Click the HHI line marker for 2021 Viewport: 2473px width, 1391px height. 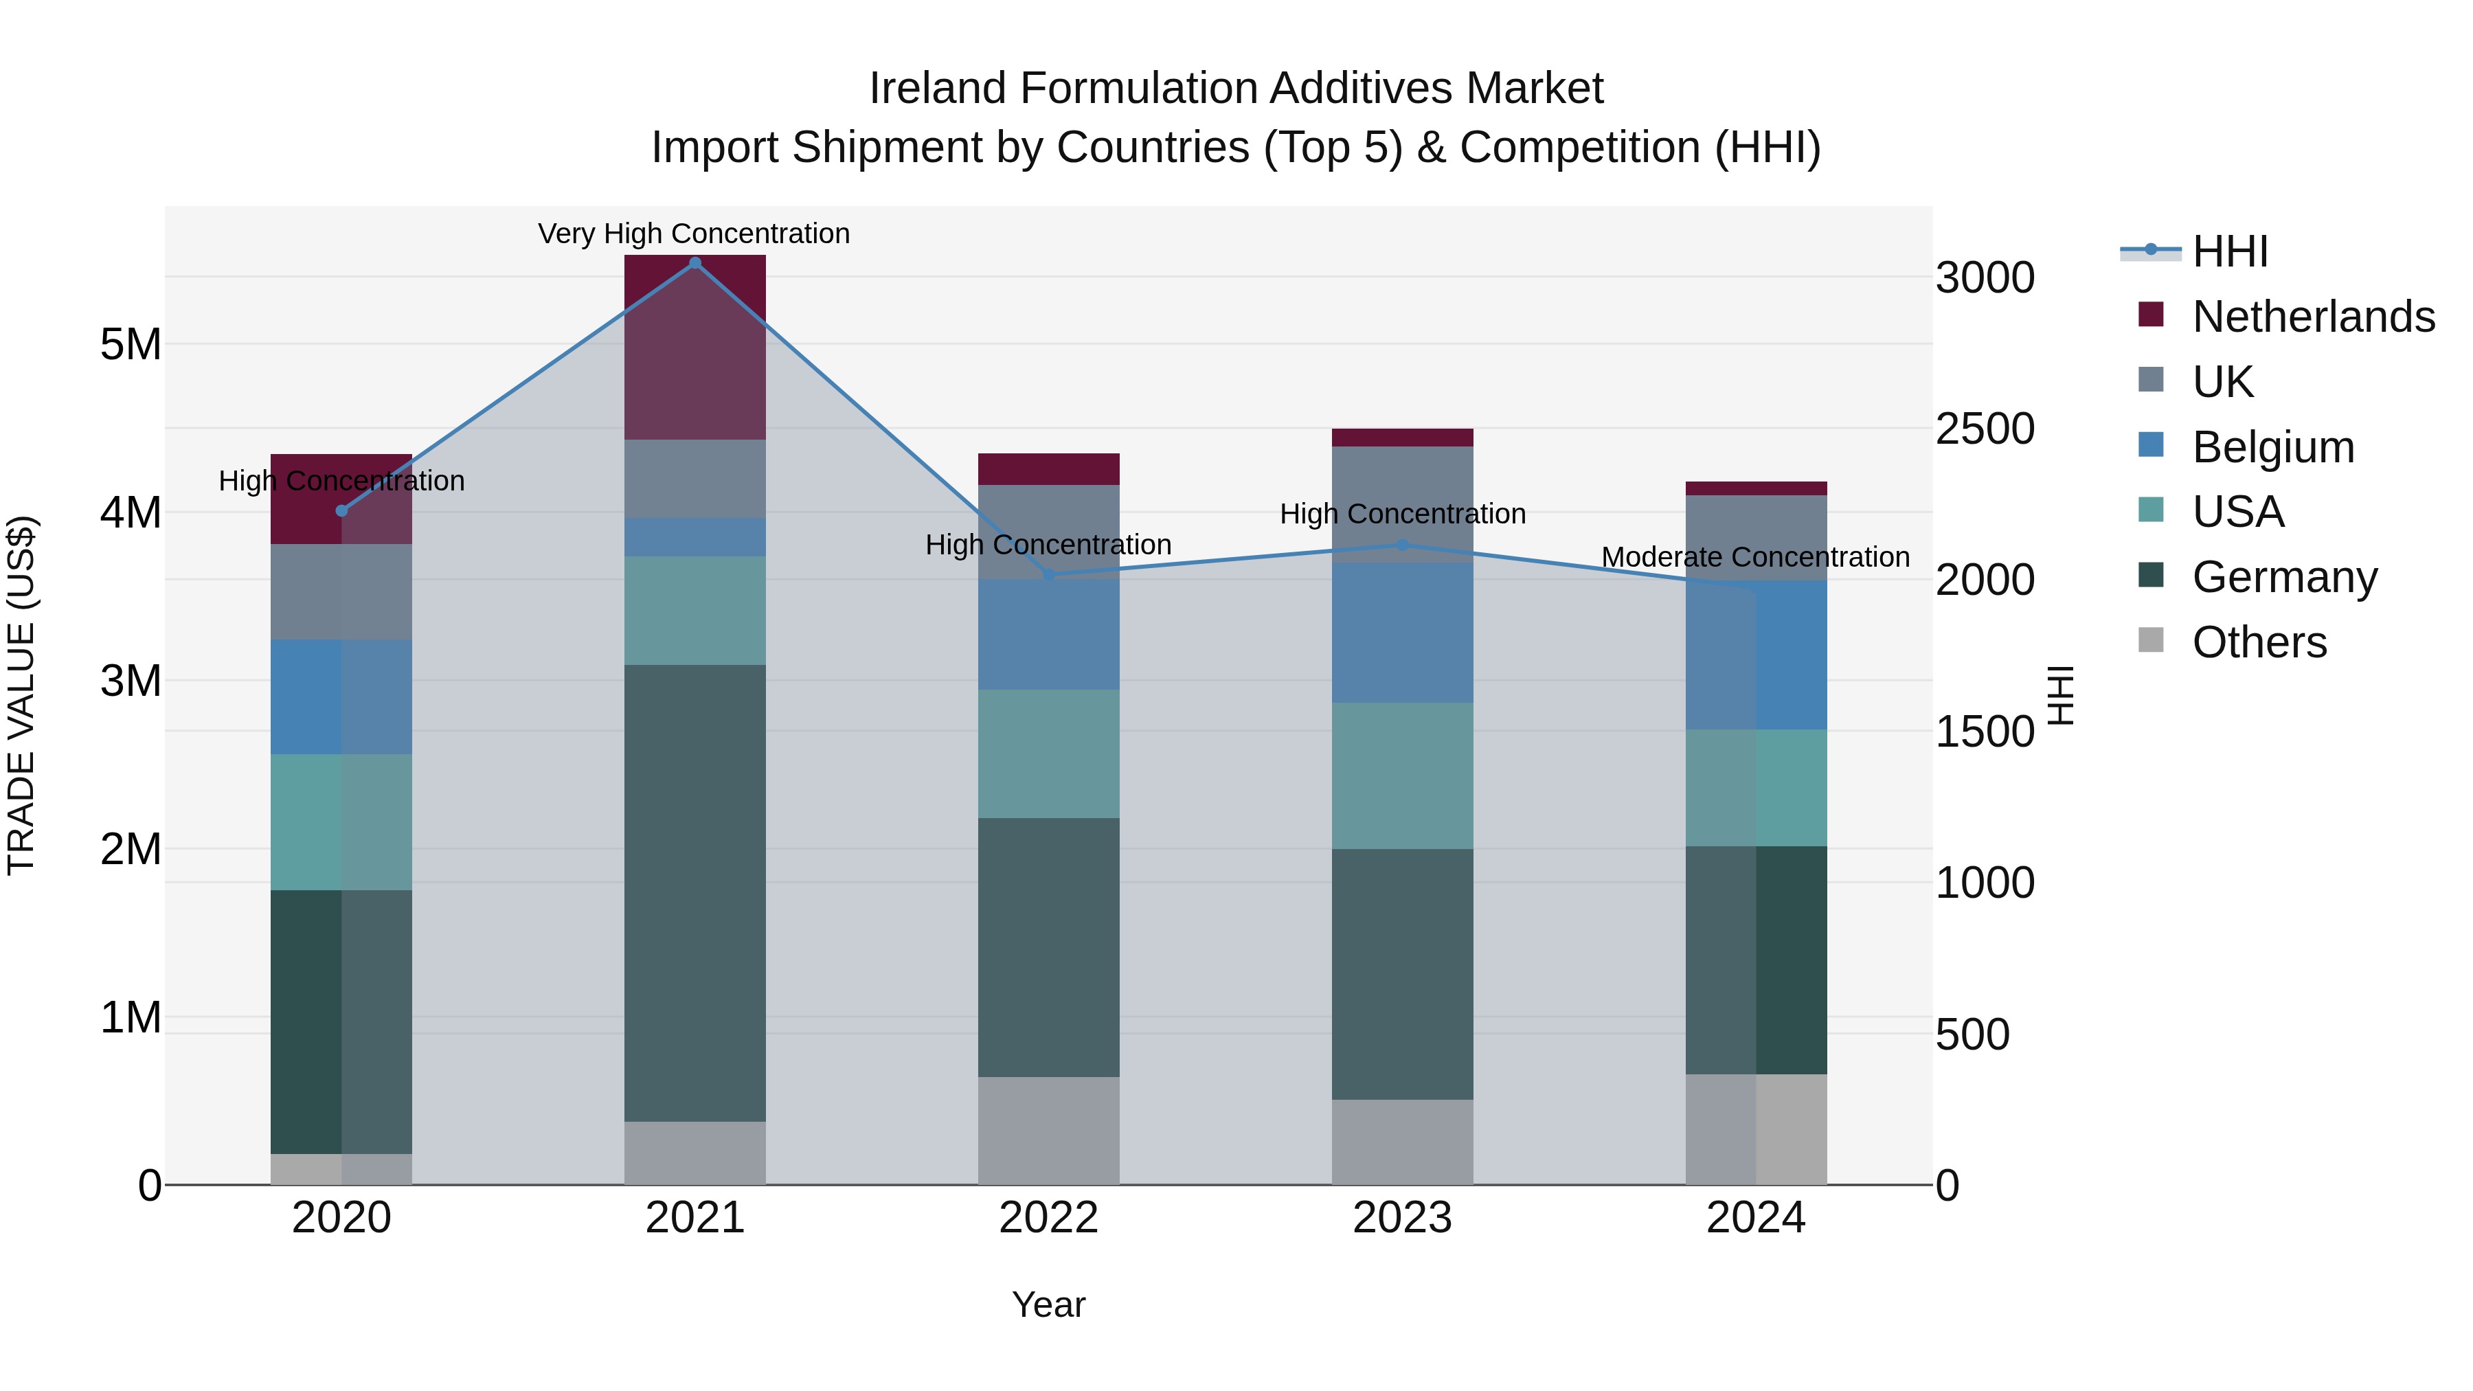695,263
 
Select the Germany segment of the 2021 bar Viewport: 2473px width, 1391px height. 695,893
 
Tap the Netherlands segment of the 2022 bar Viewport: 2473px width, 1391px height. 1048,469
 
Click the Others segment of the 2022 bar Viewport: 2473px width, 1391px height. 1048,1130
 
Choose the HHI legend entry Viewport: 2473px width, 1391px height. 2229,251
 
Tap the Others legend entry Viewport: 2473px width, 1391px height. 2258,642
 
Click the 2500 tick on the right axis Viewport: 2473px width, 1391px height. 1983,429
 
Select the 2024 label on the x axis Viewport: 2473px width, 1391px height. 1755,1218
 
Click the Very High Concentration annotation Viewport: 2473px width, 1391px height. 693,234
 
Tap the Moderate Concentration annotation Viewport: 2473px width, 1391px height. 1755,557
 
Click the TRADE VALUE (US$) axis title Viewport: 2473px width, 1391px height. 21,695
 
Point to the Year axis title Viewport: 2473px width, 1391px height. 1048,1304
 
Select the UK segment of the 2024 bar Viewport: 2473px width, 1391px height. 1755,538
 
